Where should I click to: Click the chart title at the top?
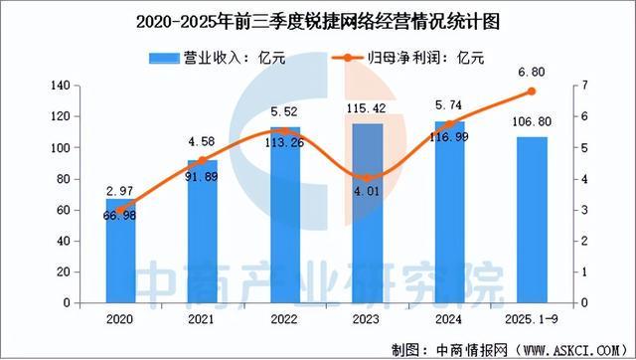[x=317, y=18]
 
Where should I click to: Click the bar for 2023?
[x=368, y=213]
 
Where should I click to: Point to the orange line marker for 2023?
[x=368, y=179]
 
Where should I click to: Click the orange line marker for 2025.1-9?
[x=532, y=91]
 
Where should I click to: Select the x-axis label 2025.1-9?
[x=532, y=320]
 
